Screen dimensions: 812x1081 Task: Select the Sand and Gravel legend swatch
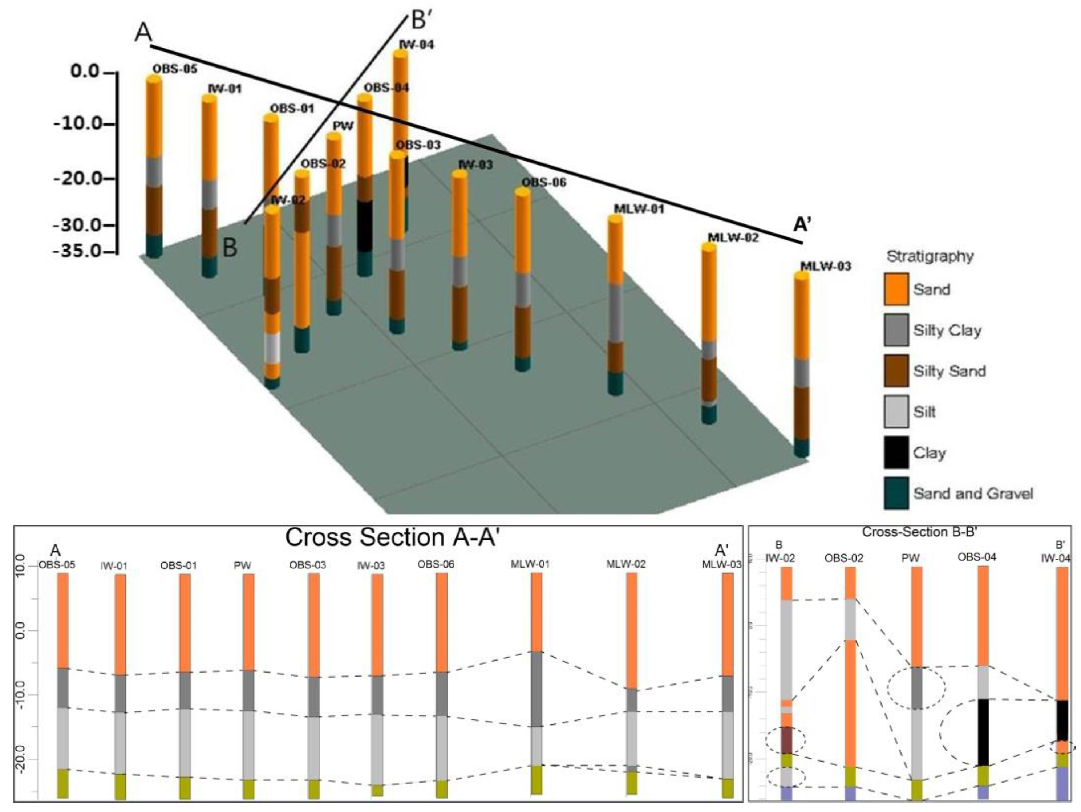point(896,493)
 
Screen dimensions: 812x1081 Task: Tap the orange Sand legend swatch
point(896,289)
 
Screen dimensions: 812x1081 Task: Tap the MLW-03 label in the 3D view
point(825,266)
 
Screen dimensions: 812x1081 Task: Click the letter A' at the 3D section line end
point(802,224)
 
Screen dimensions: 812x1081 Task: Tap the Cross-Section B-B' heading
point(919,532)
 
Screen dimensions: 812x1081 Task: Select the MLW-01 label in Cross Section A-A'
point(530,564)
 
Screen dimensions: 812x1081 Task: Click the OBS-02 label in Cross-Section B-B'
point(843,558)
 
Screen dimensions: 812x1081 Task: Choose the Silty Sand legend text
point(949,371)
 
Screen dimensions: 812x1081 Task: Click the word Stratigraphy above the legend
point(930,256)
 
